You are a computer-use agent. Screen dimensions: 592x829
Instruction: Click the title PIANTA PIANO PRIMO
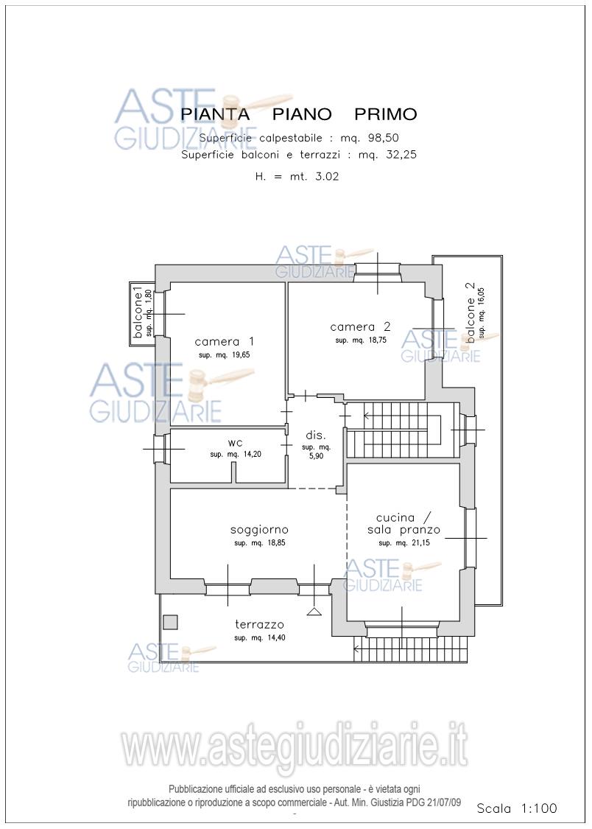pos(298,113)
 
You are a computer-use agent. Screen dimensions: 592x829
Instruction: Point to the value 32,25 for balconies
pos(397,155)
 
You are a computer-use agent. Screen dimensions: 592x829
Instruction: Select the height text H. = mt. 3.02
pos(297,177)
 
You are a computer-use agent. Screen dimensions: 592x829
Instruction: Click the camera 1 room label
pos(225,341)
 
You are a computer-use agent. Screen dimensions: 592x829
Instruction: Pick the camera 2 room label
pos(360,326)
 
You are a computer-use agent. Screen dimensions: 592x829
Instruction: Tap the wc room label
pos(235,443)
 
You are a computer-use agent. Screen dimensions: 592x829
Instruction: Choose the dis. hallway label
pos(316,436)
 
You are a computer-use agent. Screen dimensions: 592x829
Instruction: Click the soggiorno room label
pos(259,530)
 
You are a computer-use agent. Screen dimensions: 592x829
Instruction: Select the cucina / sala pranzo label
pos(404,523)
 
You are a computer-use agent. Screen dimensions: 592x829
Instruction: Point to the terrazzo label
pos(260,625)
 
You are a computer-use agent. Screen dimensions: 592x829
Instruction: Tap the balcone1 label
pos(138,312)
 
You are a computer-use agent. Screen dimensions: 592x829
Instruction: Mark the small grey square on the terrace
pos(170,622)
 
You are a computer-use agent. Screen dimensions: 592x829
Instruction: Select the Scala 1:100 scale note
pos(517,808)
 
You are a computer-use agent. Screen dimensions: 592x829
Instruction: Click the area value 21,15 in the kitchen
pos(420,543)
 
